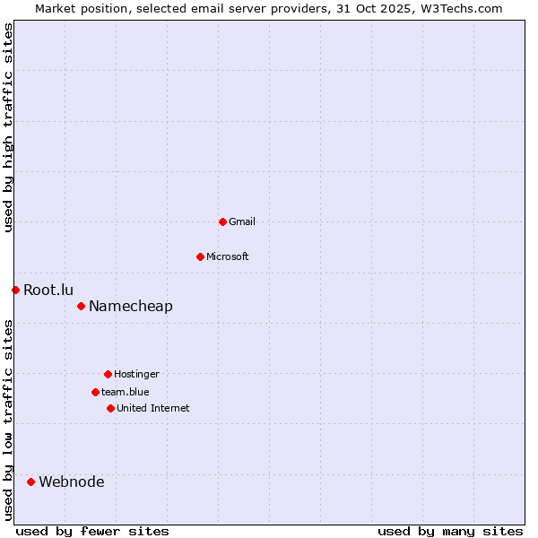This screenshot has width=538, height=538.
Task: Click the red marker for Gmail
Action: [222, 221]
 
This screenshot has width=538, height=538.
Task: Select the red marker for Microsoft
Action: [200, 256]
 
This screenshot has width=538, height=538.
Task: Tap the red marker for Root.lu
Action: [15, 290]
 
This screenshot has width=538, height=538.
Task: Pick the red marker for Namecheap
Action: [81, 306]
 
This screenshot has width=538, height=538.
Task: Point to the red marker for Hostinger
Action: [108, 374]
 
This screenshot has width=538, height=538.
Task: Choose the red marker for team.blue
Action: [95, 392]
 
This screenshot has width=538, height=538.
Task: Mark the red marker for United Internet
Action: [110, 408]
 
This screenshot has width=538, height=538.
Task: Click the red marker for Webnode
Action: [30, 482]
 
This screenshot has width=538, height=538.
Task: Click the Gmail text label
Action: [242, 221]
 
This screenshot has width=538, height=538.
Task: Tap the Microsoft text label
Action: [228, 256]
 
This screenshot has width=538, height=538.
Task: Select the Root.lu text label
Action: [48, 290]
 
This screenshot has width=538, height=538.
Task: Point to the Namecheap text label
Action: [131, 306]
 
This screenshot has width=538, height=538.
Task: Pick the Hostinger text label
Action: [136, 374]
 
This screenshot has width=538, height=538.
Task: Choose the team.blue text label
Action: [126, 392]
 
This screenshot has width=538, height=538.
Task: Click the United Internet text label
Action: [153, 408]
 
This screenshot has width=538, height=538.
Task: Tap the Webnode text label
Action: [72, 482]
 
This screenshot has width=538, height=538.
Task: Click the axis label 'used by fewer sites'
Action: [92, 531]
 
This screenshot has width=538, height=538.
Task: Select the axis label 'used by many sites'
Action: [450, 531]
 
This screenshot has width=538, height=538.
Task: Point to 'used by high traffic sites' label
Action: [8, 127]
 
